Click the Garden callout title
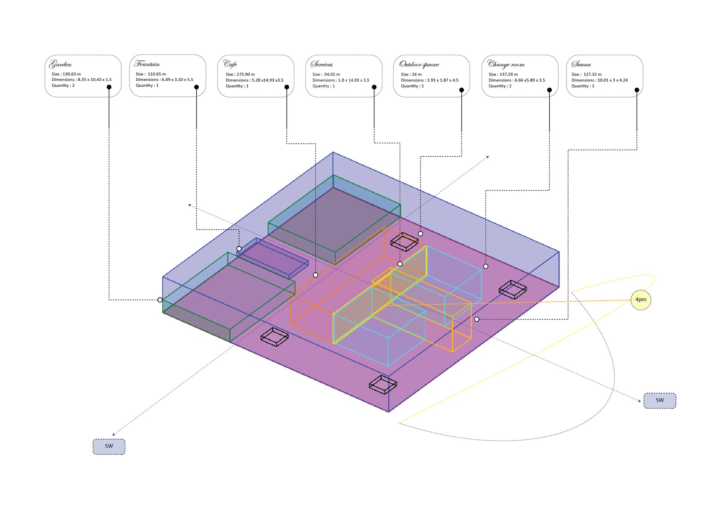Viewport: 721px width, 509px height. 60,64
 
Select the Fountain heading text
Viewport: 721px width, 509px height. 147,63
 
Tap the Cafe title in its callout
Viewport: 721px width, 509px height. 230,64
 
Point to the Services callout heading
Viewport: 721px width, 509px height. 322,64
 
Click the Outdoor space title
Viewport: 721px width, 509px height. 419,64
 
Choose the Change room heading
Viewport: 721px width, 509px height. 506,64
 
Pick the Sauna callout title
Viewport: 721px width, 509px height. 581,64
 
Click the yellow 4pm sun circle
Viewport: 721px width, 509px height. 641,300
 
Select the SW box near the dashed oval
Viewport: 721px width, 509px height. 660,400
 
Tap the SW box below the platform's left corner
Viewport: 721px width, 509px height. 109,446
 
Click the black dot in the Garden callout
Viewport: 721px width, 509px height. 109,87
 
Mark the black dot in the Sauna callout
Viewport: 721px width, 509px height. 637,90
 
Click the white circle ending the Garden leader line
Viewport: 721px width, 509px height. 160,300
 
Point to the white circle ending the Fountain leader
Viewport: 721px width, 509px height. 239,249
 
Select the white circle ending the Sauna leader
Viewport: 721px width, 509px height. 477,319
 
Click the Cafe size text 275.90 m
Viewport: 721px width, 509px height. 246,74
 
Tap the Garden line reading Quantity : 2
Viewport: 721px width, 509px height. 63,86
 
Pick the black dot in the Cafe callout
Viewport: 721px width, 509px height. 287,87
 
